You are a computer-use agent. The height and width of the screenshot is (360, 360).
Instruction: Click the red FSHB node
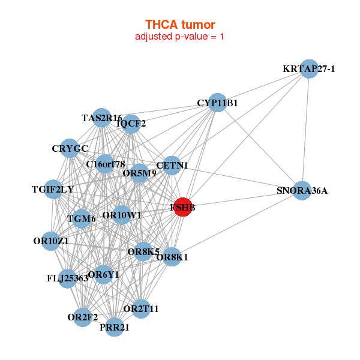182,207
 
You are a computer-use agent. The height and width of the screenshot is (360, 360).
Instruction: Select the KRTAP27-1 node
308,69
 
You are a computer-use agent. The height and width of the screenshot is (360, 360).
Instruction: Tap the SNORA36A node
302,191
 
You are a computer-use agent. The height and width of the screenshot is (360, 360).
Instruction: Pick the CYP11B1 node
218,103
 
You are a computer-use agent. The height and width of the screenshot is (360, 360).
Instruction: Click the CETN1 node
172,165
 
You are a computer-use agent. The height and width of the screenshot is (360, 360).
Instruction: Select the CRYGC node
70,148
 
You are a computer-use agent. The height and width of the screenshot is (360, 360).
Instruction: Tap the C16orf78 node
105,164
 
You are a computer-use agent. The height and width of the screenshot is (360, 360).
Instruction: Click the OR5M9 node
140,173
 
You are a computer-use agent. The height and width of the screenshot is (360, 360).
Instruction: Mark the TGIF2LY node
53,190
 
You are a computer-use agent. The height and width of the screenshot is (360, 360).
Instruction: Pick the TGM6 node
82,218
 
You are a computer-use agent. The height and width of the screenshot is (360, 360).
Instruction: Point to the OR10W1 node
122,215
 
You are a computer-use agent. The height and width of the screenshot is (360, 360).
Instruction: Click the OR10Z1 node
51,241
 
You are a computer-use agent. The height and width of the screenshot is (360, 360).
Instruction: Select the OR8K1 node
172,257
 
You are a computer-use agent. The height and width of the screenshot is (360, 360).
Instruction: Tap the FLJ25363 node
67,278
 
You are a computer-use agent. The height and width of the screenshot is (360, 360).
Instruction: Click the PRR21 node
115,327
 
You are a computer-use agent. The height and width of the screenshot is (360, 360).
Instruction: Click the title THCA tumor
180,25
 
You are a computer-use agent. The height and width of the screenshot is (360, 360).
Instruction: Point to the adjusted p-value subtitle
180,37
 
